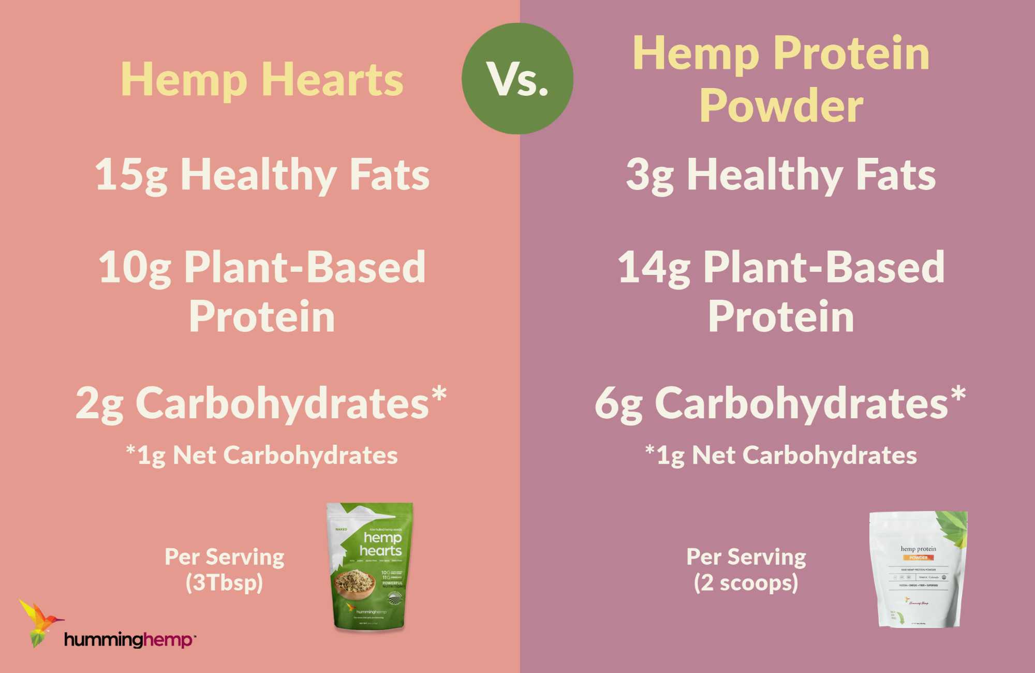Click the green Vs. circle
coord(517,79)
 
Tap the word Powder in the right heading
coord(781,106)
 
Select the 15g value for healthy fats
coord(130,175)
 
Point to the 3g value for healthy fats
coord(649,175)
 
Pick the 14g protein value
coord(654,268)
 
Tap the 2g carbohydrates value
coord(99,404)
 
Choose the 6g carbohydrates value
coord(618,404)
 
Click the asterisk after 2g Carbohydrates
coord(439,394)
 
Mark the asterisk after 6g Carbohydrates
coord(958,394)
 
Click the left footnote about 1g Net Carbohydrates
coord(262,456)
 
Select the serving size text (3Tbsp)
coord(224,583)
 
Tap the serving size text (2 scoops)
coord(746,583)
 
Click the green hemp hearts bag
coord(369,567)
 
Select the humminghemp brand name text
coord(128,640)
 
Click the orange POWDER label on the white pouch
coord(918,558)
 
